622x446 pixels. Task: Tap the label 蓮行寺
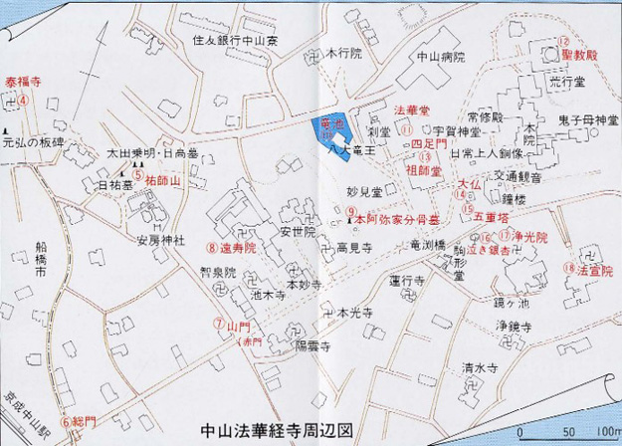coord(408,281)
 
